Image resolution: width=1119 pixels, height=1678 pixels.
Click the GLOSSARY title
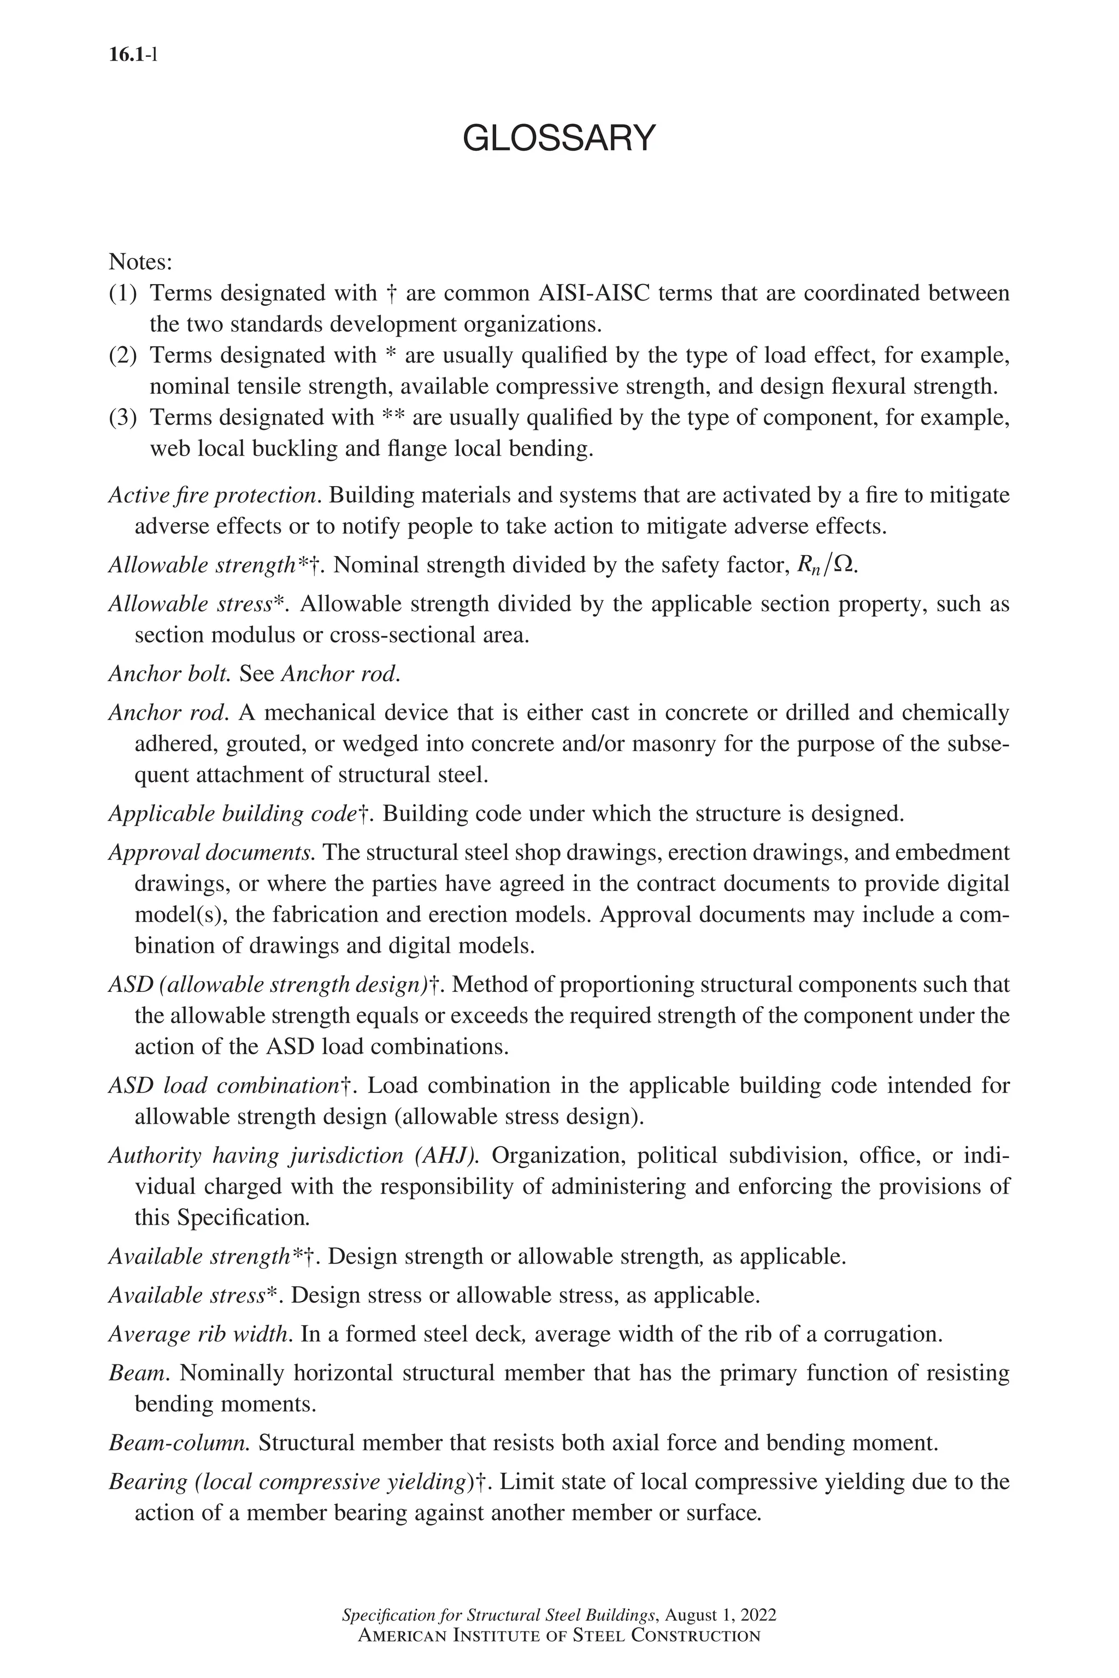559,138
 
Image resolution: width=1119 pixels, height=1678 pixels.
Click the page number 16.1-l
133,55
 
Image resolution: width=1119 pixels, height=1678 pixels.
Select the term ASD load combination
223,1085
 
